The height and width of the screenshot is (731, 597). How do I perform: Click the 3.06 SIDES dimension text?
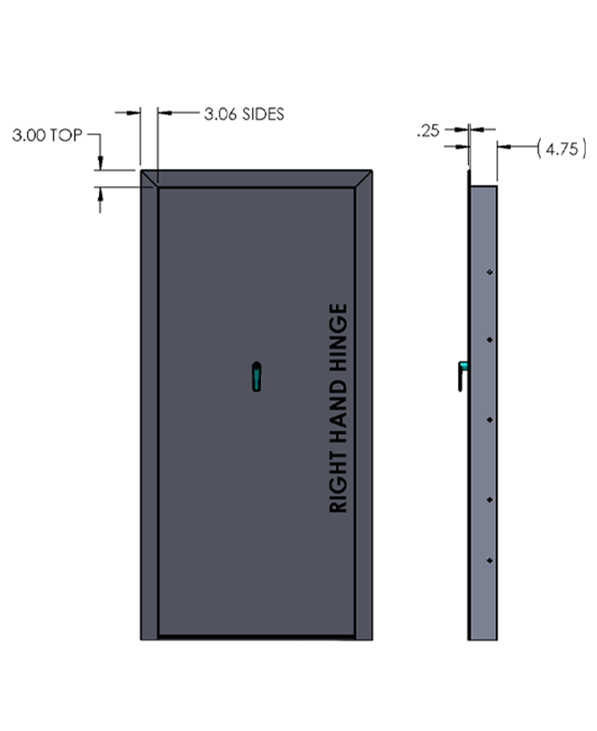(244, 113)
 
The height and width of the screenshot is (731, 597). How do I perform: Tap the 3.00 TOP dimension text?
(47, 136)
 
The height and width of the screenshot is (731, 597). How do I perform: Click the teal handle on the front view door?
(256, 377)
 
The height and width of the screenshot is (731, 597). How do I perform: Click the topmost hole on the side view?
(490, 272)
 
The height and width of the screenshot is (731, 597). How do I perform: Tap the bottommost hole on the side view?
(490, 561)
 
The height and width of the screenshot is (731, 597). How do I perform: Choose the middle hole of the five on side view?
(490, 420)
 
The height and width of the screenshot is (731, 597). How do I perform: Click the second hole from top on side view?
(490, 340)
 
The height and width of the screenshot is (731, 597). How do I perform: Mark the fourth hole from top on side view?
(490, 499)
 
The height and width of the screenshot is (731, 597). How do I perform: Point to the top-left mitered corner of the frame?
(149, 179)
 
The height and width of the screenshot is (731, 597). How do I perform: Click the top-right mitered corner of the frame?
(364, 179)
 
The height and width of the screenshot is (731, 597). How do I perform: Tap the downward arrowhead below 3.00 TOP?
(100, 162)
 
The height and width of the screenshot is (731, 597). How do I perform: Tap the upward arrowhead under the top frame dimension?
(100, 193)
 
